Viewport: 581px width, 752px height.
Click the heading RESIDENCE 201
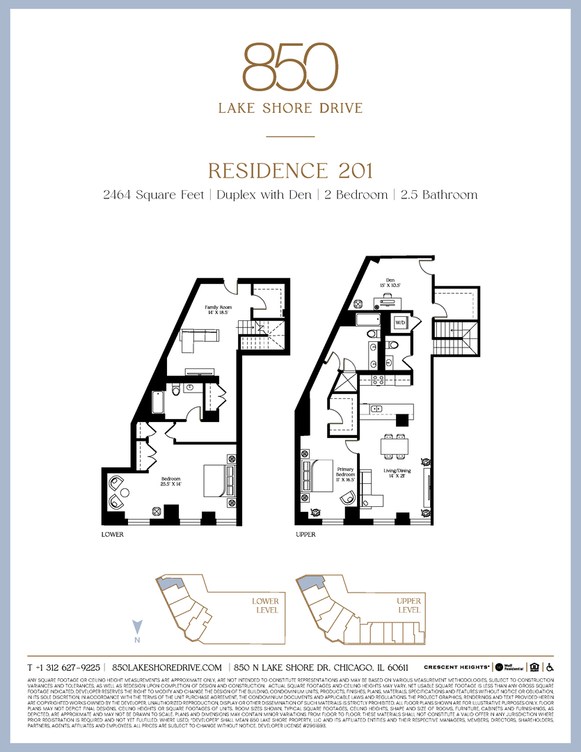[x=290, y=171]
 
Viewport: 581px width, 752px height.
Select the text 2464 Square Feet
[x=152, y=195]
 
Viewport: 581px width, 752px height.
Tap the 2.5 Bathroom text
[x=439, y=195]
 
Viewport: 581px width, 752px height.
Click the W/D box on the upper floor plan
[x=400, y=323]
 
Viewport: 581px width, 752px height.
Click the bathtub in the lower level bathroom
[x=158, y=404]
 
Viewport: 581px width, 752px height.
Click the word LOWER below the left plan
[x=112, y=535]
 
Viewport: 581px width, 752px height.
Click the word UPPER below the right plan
[x=305, y=535]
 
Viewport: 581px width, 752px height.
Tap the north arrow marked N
[x=138, y=629]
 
